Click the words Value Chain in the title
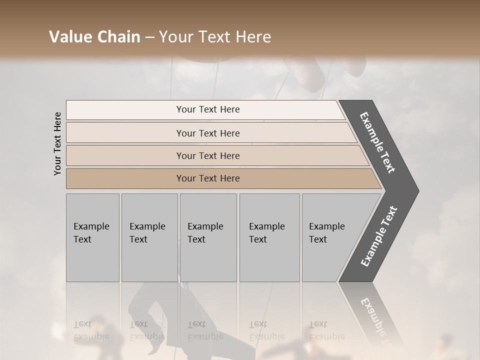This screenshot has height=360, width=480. (94, 37)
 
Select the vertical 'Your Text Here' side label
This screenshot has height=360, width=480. (57, 143)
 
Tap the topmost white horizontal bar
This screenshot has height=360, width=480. (207, 109)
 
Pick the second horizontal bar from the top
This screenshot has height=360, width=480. (207, 133)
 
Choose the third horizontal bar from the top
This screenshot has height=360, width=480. (207, 155)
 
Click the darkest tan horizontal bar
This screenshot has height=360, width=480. (207, 178)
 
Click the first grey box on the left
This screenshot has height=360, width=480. (92, 237)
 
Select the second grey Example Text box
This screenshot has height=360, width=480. (149, 237)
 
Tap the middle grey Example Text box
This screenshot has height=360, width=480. (208, 237)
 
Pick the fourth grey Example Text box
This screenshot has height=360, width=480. (269, 237)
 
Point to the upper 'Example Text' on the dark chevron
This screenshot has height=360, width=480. (377, 142)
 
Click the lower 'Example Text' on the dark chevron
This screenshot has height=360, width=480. (378, 236)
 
